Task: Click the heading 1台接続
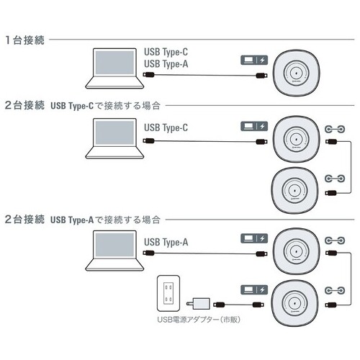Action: tap(25, 40)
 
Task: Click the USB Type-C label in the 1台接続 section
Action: tap(166, 52)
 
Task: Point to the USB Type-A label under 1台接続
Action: tap(166, 63)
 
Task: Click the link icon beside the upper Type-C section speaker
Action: tap(333, 129)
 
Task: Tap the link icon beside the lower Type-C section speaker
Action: tap(333, 177)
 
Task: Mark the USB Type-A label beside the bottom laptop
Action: tap(166, 243)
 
